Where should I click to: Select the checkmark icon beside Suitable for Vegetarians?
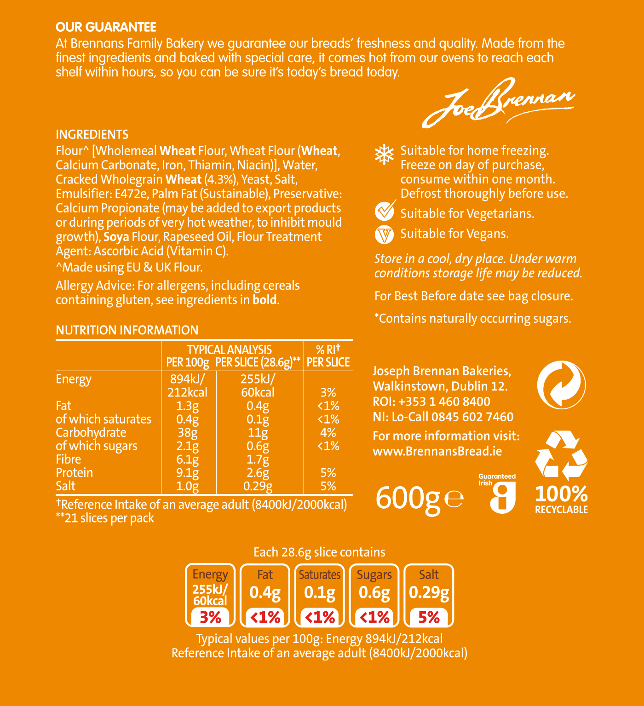tap(385, 211)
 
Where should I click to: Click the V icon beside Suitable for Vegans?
tap(384, 235)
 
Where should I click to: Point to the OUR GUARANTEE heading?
tap(106, 27)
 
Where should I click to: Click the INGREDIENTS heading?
tap(92, 134)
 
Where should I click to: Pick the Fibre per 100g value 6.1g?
tap(188, 459)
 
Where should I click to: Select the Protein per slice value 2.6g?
tap(258, 472)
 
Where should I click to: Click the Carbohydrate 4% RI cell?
tap(328, 432)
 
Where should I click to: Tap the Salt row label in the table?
tap(65, 486)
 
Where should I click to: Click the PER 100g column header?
tap(188, 362)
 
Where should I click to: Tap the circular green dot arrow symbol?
tap(561, 385)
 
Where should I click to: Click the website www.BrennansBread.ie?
tap(437, 451)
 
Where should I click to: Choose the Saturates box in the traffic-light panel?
tap(320, 595)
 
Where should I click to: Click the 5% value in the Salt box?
tap(429, 617)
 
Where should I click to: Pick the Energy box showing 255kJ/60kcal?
tap(210, 595)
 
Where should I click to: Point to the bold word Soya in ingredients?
tap(116, 237)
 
